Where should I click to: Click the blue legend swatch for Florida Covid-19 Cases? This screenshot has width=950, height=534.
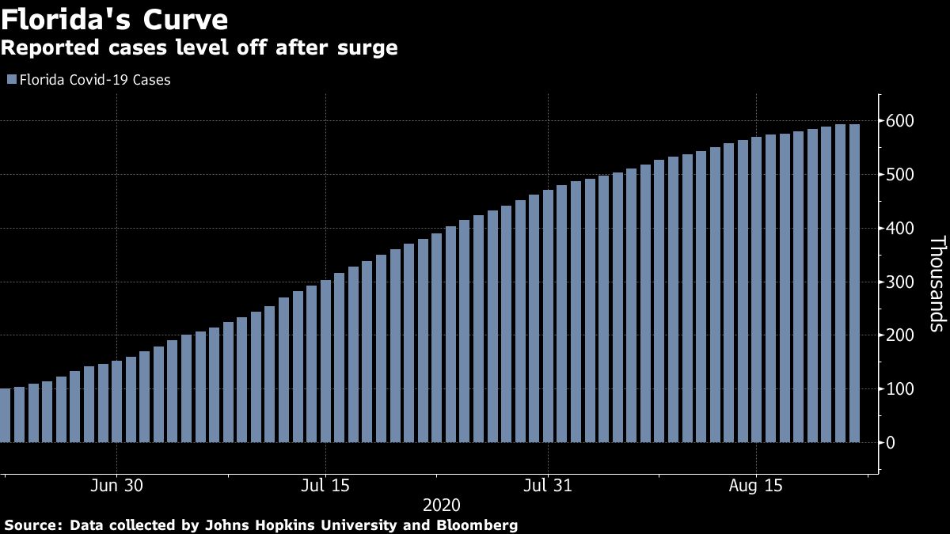pyautogui.click(x=10, y=80)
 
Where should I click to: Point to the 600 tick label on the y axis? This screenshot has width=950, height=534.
pyautogui.click(x=901, y=121)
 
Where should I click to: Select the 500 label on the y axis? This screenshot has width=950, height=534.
pyautogui.click(x=901, y=175)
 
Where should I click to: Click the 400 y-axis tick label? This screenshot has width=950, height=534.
pyautogui.click(x=901, y=229)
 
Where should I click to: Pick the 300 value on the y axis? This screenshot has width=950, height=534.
pyautogui.click(x=901, y=282)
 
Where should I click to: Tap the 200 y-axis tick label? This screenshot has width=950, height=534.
pyautogui.click(x=901, y=335)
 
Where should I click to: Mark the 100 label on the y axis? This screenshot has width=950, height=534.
pyautogui.click(x=901, y=389)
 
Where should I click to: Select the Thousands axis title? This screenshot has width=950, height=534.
pyautogui.click(x=936, y=294)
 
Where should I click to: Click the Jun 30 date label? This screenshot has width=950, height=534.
pyautogui.click(x=116, y=485)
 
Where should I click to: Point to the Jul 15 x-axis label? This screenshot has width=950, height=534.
pyautogui.click(x=325, y=485)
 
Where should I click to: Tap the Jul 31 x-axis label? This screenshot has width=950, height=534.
pyautogui.click(x=548, y=485)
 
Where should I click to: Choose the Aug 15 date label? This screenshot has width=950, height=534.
pyautogui.click(x=756, y=485)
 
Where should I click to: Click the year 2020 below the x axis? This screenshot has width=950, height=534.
pyautogui.click(x=441, y=505)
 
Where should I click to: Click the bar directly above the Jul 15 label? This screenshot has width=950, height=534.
pyautogui.click(x=325, y=361)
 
